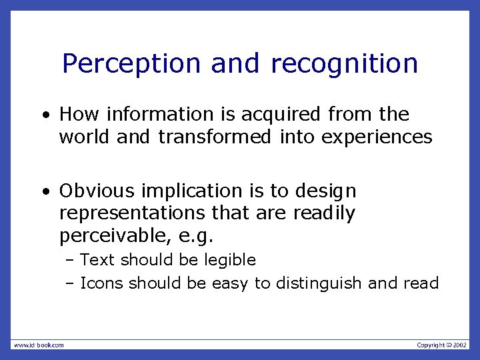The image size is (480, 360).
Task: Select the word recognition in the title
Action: coord(345,64)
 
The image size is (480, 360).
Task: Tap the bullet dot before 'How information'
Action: coord(45,115)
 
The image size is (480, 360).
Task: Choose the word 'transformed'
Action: coord(215,137)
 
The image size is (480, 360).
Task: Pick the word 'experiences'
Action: coord(377,137)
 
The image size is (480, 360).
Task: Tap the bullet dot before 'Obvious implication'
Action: coord(45,192)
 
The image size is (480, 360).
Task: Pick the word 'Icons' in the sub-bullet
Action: coord(101,283)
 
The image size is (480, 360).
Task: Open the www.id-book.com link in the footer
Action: coord(39,345)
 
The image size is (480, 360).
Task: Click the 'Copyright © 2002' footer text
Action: coord(442,345)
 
